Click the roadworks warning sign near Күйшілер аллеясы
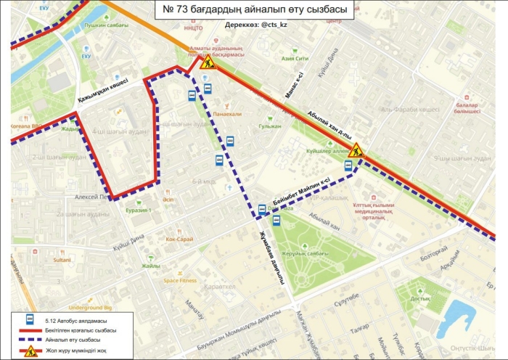356,152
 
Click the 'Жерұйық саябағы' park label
302,253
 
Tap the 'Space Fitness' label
179,280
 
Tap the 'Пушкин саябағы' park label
102,24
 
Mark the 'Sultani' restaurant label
62,259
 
